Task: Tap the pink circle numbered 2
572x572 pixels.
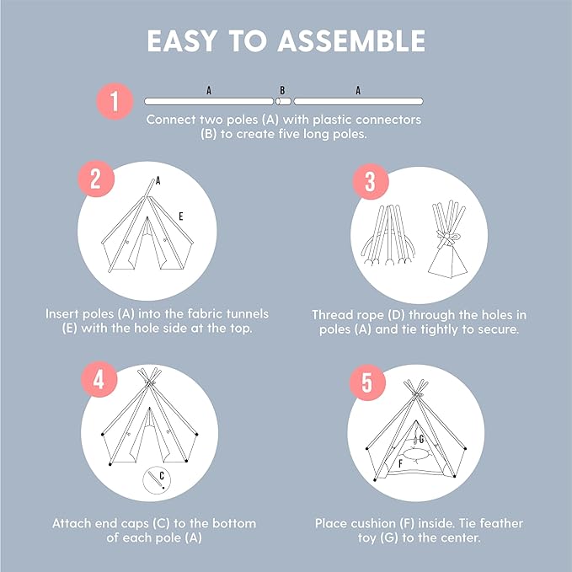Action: click(96, 180)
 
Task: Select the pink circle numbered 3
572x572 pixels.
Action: click(368, 180)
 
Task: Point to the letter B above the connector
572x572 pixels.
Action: click(282, 89)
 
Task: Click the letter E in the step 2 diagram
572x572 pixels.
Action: click(180, 217)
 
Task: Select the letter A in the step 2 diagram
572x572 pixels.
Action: click(158, 180)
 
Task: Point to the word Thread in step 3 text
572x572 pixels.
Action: click(334, 314)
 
